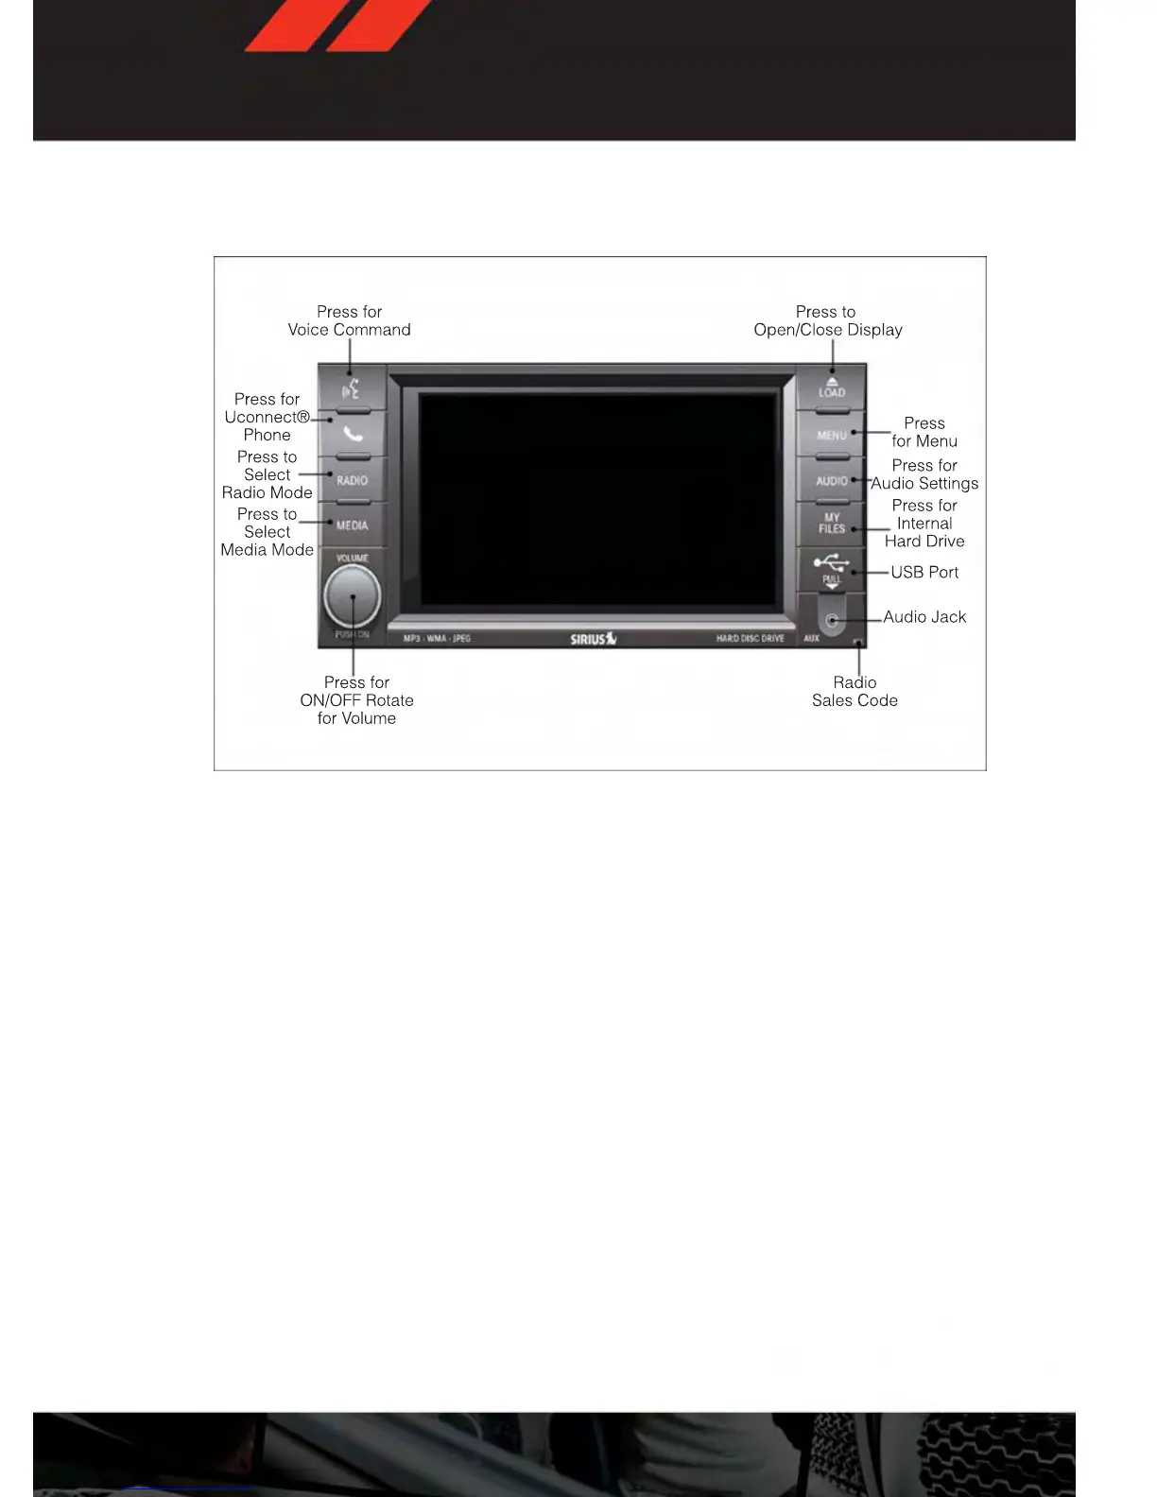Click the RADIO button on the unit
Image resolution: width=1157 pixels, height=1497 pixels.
(352, 480)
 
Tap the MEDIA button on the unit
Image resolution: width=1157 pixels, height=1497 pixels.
(352, 525)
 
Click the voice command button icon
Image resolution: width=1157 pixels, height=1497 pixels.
(351, 388)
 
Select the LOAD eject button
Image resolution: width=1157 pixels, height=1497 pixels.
(832, 387)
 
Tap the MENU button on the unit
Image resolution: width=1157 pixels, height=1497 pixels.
(832, 435)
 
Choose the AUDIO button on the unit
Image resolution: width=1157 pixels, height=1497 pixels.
(832, 480)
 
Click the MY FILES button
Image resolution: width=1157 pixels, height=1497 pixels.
(832, 523)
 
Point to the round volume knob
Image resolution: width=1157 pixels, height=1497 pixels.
(352, 596)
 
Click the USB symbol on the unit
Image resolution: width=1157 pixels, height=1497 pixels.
(831, 562)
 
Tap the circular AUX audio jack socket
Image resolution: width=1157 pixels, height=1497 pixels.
(832, 621)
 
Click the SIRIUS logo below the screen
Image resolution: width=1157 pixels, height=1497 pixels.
(593, 639)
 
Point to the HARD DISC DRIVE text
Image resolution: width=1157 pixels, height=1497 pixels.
(750, 639)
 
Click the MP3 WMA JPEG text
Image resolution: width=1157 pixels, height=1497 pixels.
(437, 639)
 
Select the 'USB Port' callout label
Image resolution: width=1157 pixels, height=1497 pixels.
(924, 572)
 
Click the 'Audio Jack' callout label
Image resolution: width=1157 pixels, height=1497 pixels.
(924, 617)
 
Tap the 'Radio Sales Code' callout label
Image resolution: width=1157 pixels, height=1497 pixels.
(855, 691)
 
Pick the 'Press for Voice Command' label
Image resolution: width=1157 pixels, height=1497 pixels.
(349, 320)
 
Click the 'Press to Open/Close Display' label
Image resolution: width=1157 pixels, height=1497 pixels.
(827, 320)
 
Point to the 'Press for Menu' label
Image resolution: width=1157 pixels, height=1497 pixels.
(924, 432)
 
